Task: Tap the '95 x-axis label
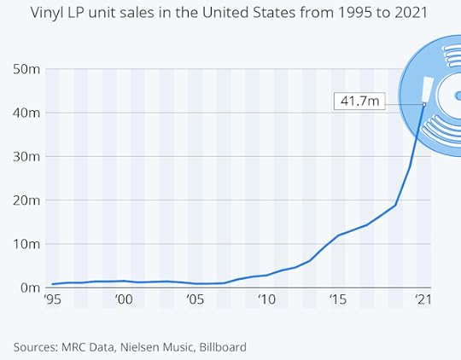point(52,300)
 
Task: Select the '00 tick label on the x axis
point(124,300)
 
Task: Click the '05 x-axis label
point(195,300)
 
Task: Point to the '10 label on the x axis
point(267,300)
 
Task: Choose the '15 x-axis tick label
point(339,300)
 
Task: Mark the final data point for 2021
point(424,104)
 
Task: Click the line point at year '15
point(339,235)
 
